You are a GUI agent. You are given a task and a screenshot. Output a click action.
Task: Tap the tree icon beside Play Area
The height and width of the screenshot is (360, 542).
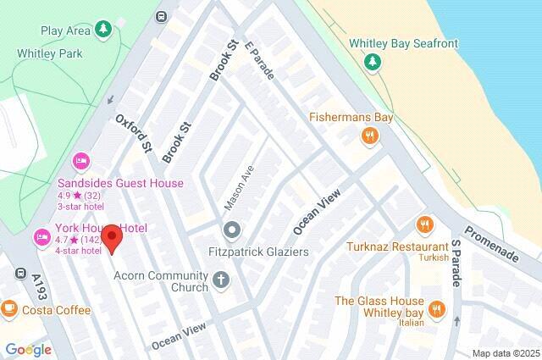click(x=103, y=30)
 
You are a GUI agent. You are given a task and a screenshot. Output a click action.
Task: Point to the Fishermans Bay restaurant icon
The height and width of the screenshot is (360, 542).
click(x=369, y=136)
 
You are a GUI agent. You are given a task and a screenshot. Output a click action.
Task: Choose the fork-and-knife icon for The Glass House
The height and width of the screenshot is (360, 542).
click(x=437, y=309)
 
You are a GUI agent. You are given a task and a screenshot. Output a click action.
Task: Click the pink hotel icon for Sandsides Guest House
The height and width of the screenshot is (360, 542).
click(x=81, y=160)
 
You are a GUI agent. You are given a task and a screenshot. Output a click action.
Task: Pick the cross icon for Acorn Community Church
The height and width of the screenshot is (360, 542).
click(x=222, y=280)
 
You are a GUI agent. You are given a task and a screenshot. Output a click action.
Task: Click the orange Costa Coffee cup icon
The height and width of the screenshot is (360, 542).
click(x=9, y=309)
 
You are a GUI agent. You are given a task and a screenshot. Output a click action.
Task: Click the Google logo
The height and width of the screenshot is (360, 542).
click(x=28, y=349)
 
